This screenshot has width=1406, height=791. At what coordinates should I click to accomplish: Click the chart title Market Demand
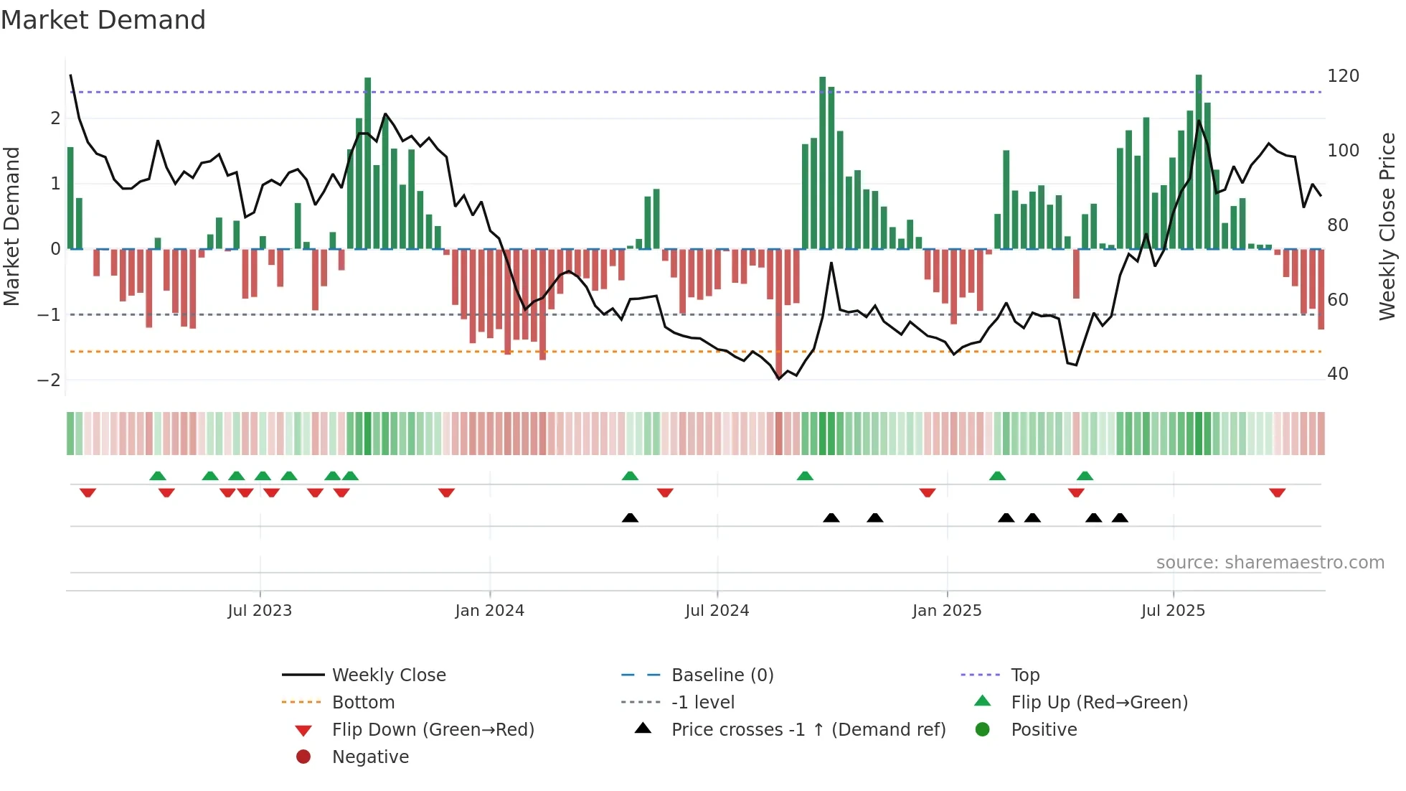click(103, 20)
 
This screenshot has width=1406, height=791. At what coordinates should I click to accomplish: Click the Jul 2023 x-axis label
click(260, 611)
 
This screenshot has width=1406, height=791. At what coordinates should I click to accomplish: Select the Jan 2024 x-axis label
click(489, 611)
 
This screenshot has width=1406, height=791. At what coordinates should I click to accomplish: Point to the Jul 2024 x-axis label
click(717, 611)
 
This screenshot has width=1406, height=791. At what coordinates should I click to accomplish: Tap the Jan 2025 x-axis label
click(947, 611)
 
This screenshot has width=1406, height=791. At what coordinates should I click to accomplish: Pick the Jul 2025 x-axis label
click(1173, 611)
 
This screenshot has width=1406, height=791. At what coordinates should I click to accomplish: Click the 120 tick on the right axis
click(1343, 76)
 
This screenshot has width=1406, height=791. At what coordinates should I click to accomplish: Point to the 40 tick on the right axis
click(1337, 374)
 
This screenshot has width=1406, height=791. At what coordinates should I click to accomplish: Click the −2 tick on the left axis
click(49, 380)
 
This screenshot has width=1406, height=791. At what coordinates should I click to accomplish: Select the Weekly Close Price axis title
click(1387, 226)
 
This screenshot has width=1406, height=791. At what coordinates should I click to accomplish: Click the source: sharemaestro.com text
click(1270, 563)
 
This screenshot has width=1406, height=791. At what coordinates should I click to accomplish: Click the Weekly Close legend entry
click(389, 675)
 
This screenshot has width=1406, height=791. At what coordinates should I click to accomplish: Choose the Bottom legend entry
click(363, 703)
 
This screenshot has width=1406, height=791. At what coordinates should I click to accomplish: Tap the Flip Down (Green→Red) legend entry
click(433, 730)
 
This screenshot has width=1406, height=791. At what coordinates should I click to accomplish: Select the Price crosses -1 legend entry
click(808, 730)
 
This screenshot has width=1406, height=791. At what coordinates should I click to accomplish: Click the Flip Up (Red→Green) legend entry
click(1099, 703)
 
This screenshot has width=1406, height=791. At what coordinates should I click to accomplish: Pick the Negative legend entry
click(370, 757)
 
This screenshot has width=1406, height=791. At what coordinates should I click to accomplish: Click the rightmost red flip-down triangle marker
click(1277, 492)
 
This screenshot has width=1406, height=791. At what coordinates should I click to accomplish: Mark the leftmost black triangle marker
click(630, 518)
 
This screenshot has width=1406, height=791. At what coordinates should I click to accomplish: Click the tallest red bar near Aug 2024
click(779, 312)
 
